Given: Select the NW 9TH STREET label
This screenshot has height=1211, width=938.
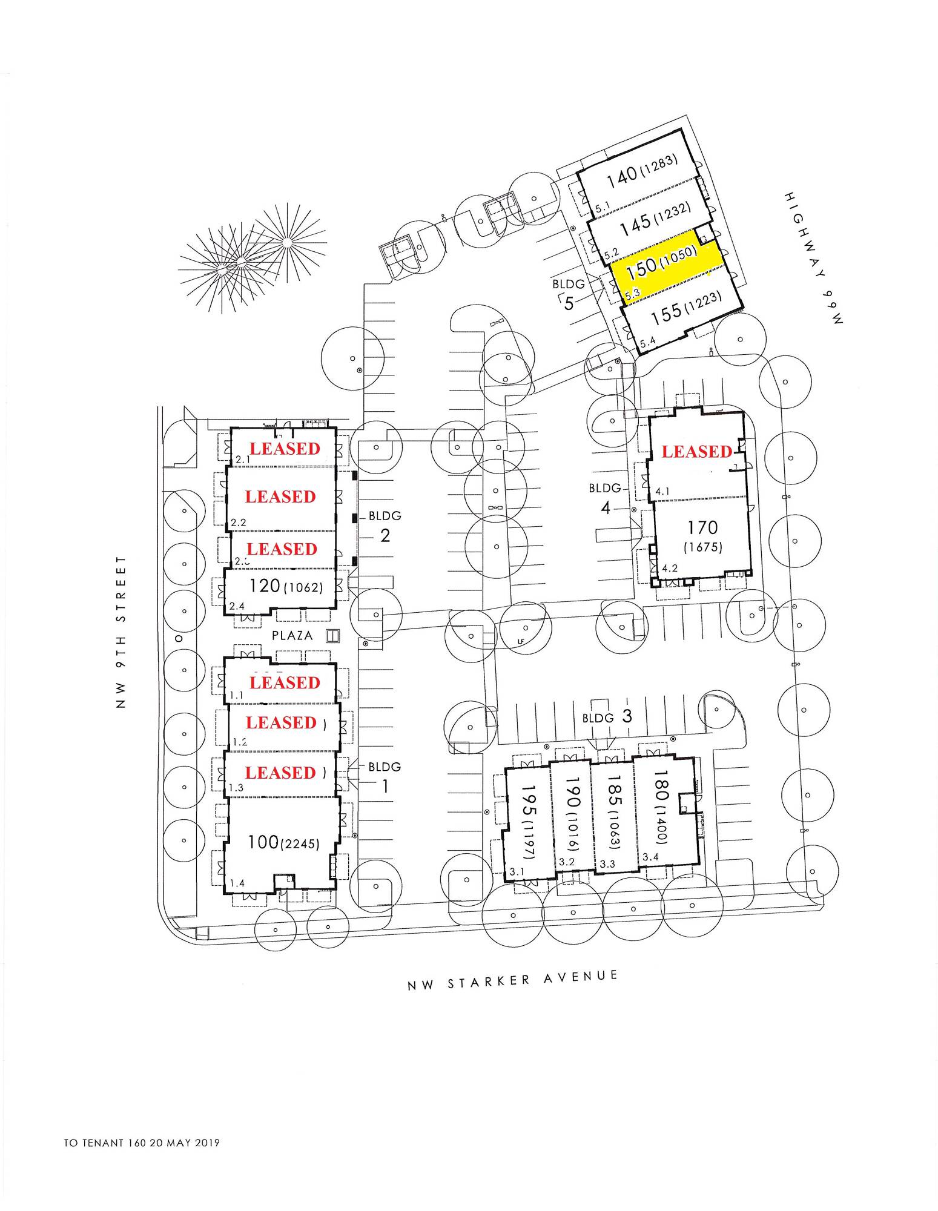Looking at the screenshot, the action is [x=122, y=633].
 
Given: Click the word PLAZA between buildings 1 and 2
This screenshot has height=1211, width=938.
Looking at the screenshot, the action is [x=292, y=636].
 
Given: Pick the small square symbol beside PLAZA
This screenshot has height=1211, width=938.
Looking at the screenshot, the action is [x=332, y=635].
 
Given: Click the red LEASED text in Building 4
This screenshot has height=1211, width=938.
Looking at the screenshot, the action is [x=696, y=451].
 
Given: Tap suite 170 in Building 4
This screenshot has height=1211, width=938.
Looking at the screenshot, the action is [x=702, y=528].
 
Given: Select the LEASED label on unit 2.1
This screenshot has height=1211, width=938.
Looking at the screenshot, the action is [x=285, y=449].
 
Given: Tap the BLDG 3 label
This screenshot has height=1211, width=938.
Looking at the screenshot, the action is [x=607, y=717].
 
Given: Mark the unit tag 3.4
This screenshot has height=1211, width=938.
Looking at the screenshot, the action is [x=650, y=857].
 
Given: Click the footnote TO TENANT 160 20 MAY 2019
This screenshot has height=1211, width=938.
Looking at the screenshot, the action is [x=142, y=1143].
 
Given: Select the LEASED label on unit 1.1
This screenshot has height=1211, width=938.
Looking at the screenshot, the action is [x=285, y=682].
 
